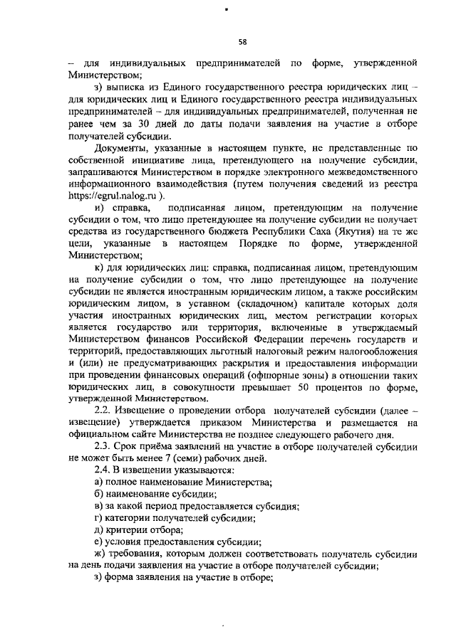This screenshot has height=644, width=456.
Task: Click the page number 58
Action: [x=242, y=41]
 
